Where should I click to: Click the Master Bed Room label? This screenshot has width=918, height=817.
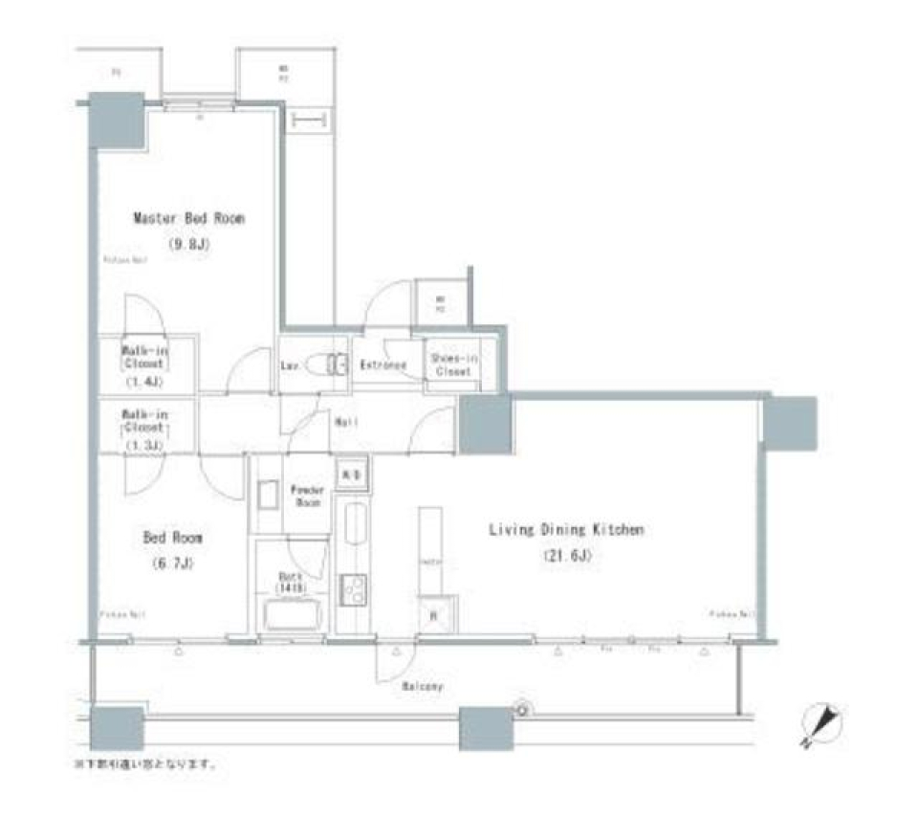click(x=188, y=219)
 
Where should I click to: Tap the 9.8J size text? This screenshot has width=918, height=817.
click(x=188, y=244)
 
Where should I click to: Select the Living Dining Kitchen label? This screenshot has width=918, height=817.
click(x=566, y=529)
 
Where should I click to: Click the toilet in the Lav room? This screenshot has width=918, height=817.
click(x=334, y=364)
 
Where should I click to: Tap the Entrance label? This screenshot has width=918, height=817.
click(x=383, y=365)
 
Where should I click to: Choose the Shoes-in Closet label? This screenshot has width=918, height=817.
click(x=452, y=364)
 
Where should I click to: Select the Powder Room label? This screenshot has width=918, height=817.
click(x=309, y=496)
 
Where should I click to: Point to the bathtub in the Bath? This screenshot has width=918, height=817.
click(x=293, y=612)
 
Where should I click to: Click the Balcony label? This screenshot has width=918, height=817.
click(x=422, y=687)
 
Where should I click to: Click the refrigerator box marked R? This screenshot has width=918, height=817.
click(x=433, y=615)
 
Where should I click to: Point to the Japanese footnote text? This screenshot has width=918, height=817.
click(x=145, y=765)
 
